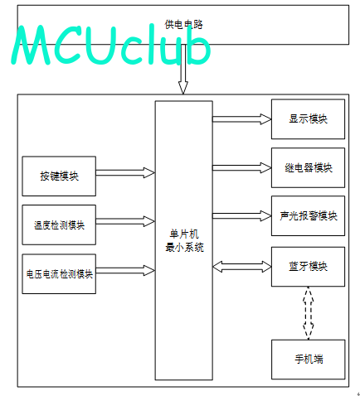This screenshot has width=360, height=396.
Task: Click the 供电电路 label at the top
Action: coord(184,25)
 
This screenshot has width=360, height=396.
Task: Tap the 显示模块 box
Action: coord(308,119)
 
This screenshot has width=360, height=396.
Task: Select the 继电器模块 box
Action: coord(308,167)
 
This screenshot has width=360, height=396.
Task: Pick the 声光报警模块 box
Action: coord(308,215)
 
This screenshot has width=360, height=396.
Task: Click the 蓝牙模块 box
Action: coord(308,267)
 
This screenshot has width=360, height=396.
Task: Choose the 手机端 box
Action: coord(309,360)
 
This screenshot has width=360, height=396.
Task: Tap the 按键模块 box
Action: coord(59,176)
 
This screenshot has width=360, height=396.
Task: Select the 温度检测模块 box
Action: coord(59,225)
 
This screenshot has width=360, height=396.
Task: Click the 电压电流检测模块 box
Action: coord(59,273)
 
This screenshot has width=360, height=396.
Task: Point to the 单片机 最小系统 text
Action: coord(184,241)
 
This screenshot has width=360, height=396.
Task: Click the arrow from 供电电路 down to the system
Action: coord(183,69)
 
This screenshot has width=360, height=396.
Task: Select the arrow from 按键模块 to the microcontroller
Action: coord(125,173)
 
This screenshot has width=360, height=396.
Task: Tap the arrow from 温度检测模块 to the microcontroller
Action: coord(125,221)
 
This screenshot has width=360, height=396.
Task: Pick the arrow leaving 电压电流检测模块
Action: coord(125,270)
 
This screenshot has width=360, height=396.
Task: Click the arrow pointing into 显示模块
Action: coord(242,119)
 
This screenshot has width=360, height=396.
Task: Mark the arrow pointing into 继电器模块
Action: coord(242,167)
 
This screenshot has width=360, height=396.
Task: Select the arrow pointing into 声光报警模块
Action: coord(242,215)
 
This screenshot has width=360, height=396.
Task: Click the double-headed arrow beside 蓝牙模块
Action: coord(242,267)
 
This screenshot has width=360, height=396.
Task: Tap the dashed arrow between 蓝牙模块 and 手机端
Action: coord(308,313)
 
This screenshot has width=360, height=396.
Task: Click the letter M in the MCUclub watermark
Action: coord(31,46)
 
